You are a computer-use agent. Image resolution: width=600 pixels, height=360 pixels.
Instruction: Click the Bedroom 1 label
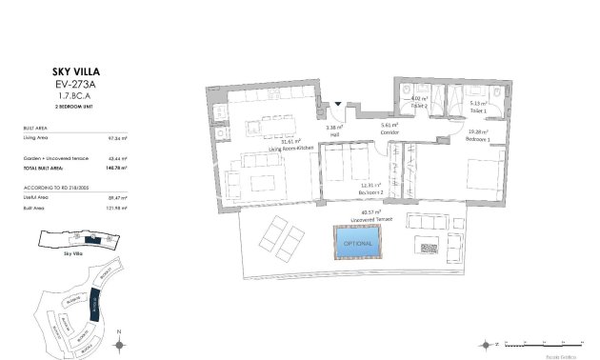[478, 139]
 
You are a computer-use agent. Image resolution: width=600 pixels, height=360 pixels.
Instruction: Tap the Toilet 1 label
[479, 111]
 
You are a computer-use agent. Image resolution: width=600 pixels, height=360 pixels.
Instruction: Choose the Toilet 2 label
[419, 105]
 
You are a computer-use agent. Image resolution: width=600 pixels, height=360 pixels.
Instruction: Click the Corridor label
[389, 132]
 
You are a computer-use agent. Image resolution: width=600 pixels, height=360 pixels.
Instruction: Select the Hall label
[334, 133]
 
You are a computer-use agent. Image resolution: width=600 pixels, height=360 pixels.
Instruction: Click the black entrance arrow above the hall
[337, 105]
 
